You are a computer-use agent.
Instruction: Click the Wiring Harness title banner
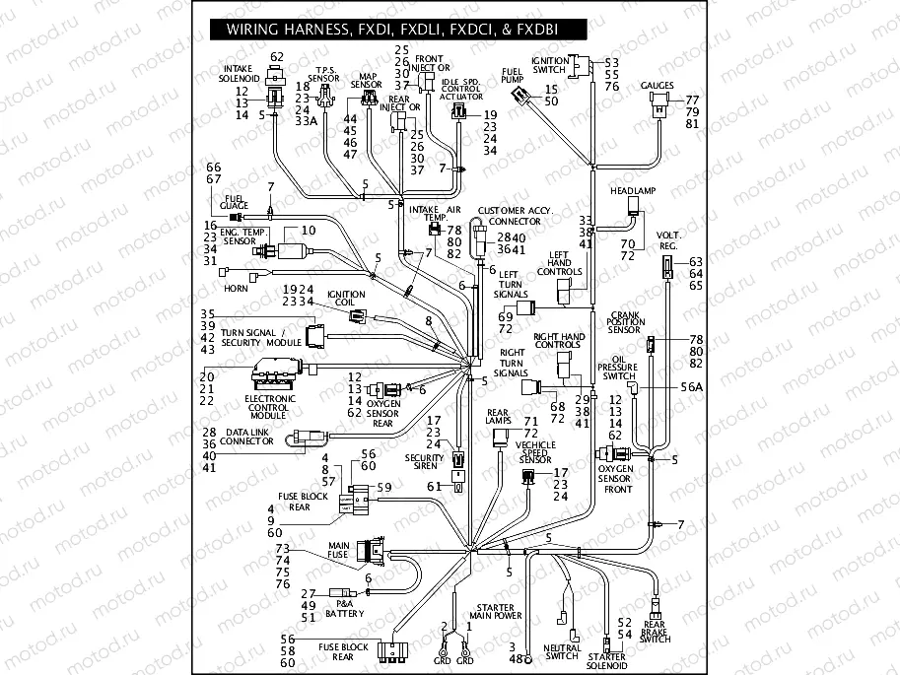(392, 29)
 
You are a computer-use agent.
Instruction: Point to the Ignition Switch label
(551, 65)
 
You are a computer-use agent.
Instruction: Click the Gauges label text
(657, 86)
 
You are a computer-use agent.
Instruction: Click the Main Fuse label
(339, 549)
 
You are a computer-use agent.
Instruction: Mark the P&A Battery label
(344, 608)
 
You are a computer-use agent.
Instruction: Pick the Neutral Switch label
(562, 652)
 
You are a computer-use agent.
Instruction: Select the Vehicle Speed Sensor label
(535, 452)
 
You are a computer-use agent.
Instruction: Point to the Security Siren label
(426, 461)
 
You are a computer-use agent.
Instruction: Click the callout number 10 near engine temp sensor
(308, 230)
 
